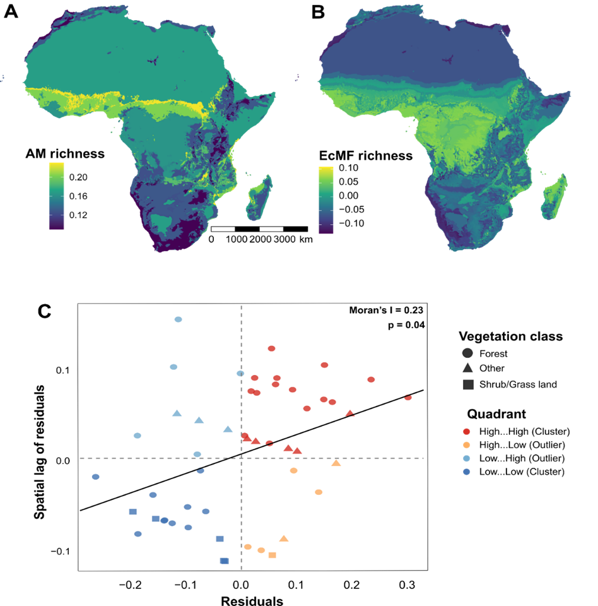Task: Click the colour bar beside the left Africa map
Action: pyautogui.click(x=57, y=196)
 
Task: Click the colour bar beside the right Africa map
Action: pyautogui.click(x=326, y=200)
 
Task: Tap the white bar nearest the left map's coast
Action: pyautogui.click(x=223, y=229)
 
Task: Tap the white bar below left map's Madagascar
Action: pyautogui.click(x=271, y=229)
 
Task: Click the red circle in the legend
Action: pyautogui.click(x=467, y=432)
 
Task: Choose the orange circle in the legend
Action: pyautogui.click(x=467, y=445)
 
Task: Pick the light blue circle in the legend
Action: pyautogui.click(x=467, y=458)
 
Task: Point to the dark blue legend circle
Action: pyautogui.click(x=467, y=472)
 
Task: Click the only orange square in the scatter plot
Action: pyautogui.click(x=272, y=555)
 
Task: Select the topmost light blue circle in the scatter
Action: pyautogui.click(x=179, y=319)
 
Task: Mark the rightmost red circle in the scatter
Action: pyautogui.click(x=408, y=397)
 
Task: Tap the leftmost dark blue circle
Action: pyautogui.click(x=96, y=477)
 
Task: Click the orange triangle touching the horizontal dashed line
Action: pyautogui.click(x=336, y=463)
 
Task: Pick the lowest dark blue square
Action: pyautogui.click(x=224, y=561)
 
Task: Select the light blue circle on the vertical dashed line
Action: pyautogui.click(x=240, y=374)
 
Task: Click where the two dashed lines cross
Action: pyautogui.click(x=242, y=458)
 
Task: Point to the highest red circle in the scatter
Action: pyautogui.click(x=271, y=348)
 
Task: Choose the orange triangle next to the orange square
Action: pyautogui.click(x=284, y=538)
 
